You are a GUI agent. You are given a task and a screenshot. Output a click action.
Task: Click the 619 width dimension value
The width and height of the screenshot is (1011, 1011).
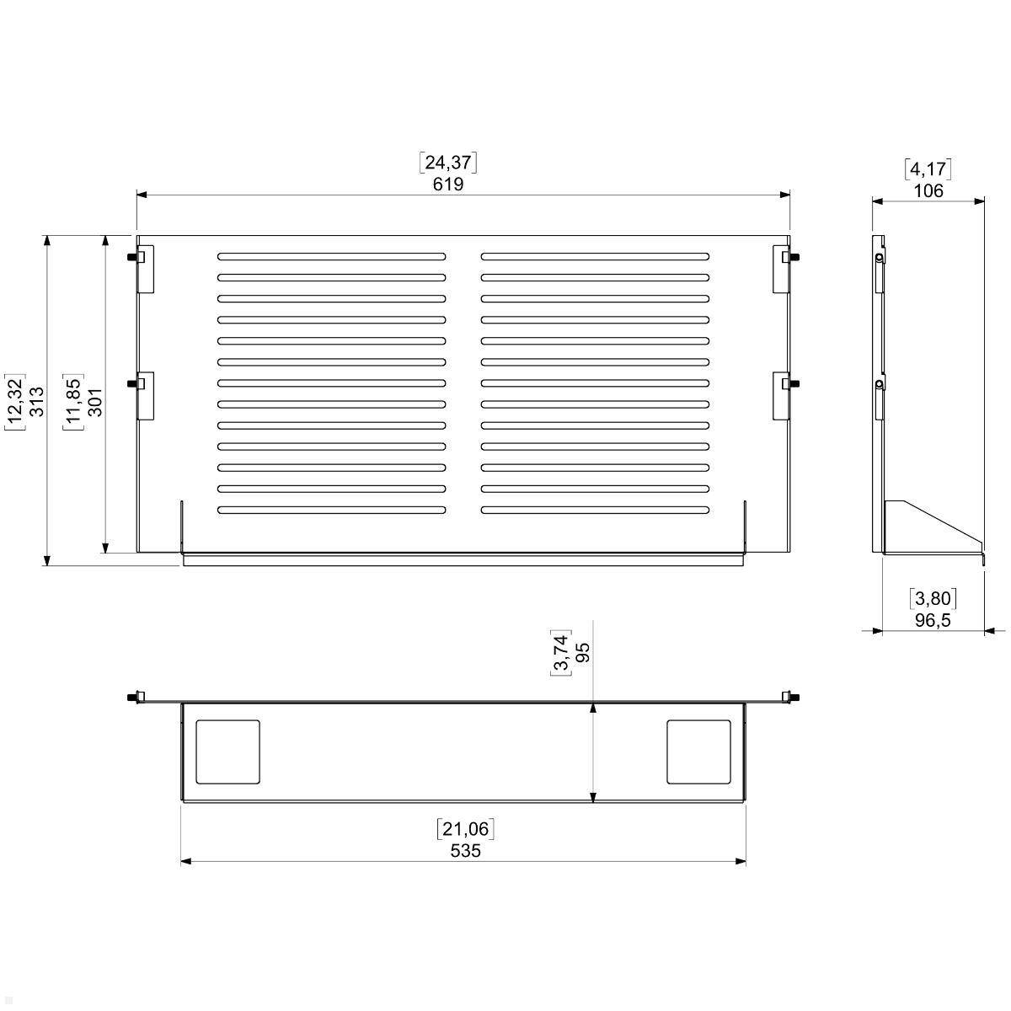[448, 185]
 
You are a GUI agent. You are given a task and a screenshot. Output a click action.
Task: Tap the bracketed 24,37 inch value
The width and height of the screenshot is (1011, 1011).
[448, 163]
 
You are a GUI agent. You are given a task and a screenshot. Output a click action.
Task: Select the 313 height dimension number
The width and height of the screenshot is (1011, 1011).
[37, 401]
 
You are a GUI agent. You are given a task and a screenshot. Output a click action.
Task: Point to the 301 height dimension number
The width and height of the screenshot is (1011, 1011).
[94, 402]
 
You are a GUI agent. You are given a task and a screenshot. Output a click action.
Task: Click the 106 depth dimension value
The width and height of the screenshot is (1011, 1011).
[928, 190]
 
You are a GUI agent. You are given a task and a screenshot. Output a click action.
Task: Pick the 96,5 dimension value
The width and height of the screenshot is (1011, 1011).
[933, 620]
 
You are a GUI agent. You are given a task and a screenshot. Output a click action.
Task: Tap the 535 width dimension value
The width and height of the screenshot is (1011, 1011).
[465, 850]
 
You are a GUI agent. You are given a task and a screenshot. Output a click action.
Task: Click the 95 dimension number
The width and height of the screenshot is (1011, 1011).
[582, 653]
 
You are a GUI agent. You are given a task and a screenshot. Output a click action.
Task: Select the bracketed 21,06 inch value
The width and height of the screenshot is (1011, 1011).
[465, 829]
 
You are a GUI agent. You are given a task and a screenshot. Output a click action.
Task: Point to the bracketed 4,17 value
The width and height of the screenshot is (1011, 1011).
[928, 169]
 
